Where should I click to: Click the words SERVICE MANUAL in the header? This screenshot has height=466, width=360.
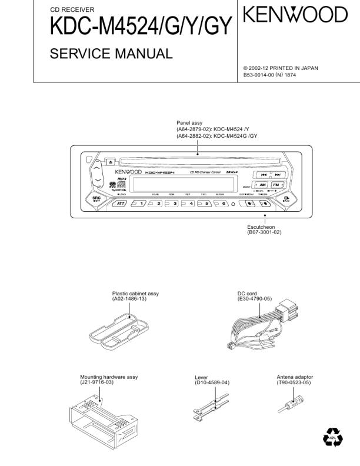pyautogui.click(x=111, y=54)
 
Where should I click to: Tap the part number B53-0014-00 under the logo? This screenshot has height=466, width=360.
pyautogui.click(x=264, y=75)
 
